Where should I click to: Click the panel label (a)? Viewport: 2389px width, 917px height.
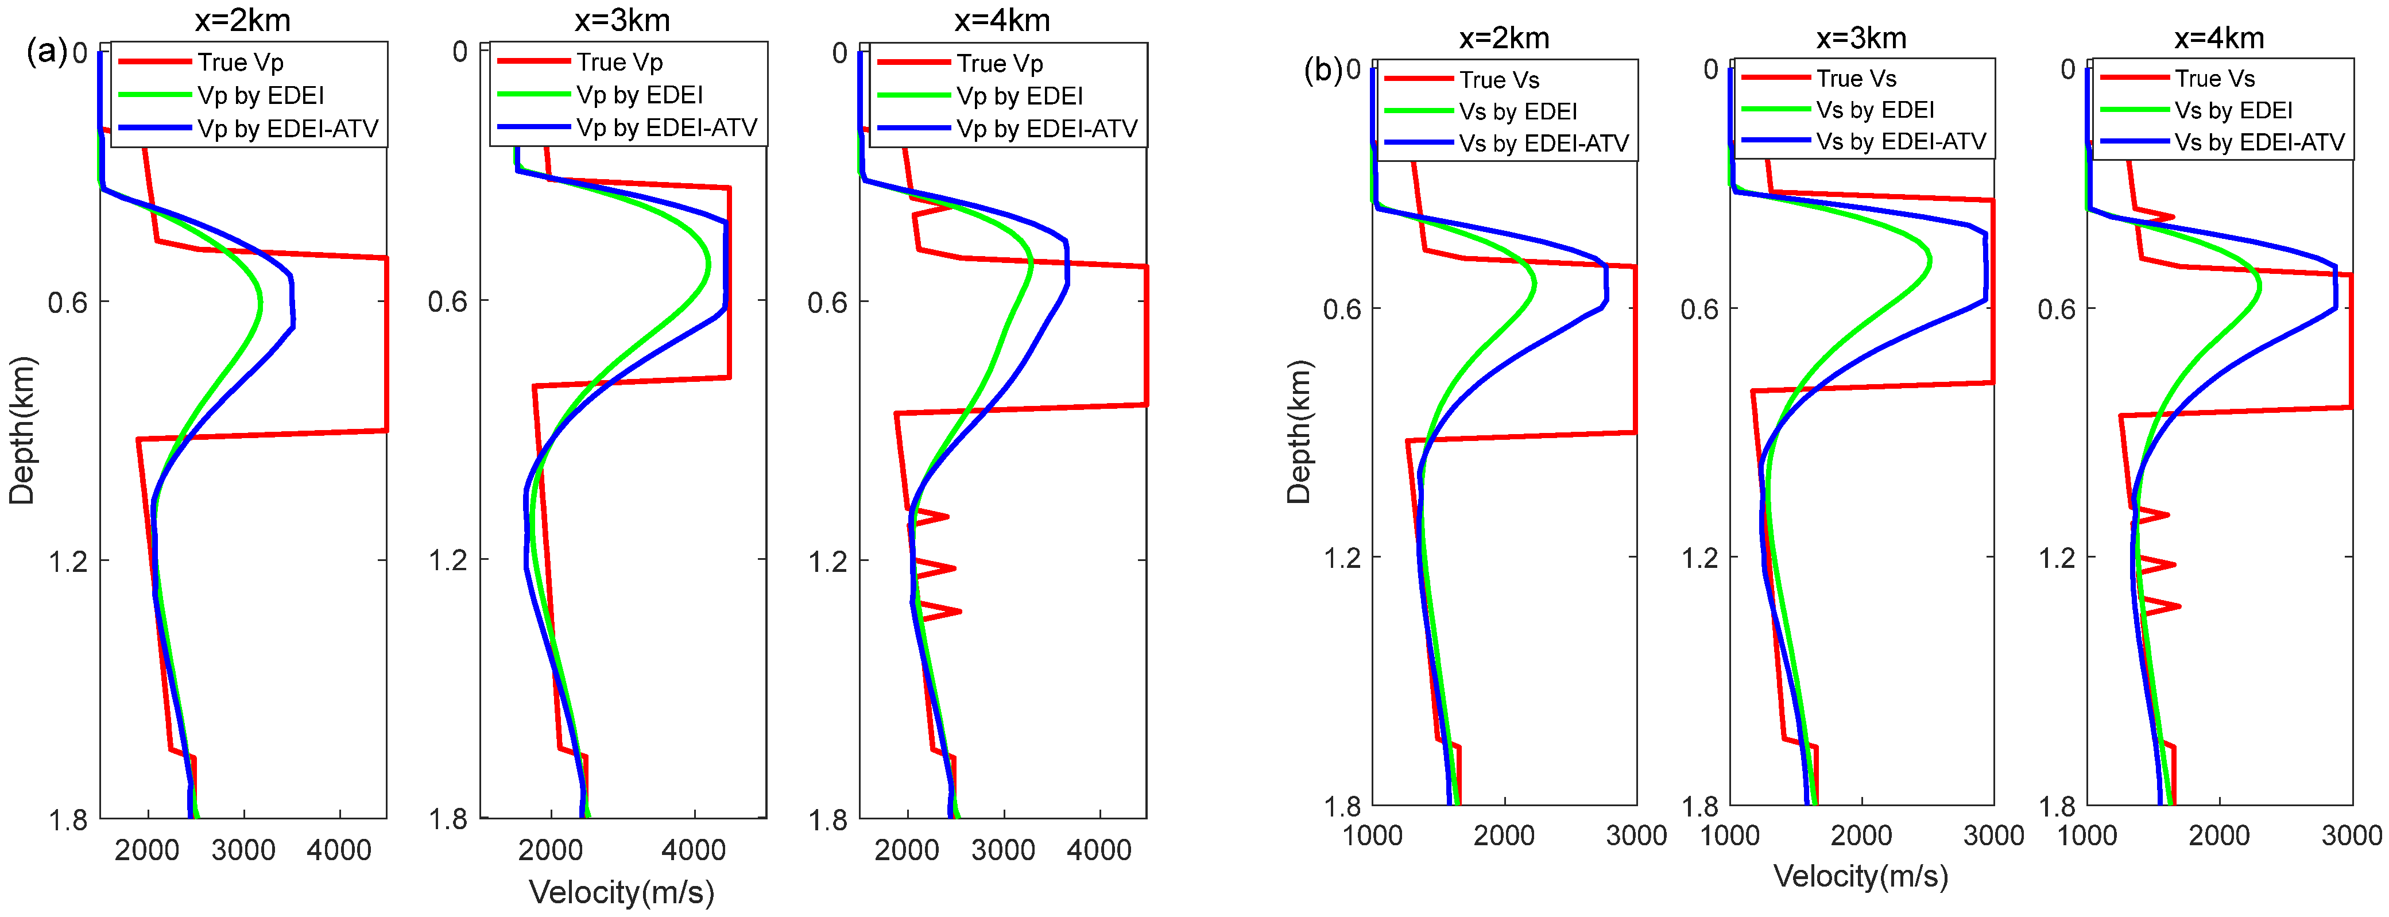(45, 52)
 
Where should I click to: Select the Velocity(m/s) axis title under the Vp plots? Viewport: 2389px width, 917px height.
(621, 892)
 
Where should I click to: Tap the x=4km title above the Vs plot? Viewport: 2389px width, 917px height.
(2218, 38)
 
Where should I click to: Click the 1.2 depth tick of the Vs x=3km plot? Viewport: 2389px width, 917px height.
(1700, 557)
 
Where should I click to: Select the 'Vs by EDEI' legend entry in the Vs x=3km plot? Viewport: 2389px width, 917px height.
(1875, 110)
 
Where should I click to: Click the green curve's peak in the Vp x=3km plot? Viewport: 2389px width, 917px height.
(708, 264)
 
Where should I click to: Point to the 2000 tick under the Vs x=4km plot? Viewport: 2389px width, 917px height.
(2218, 835)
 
